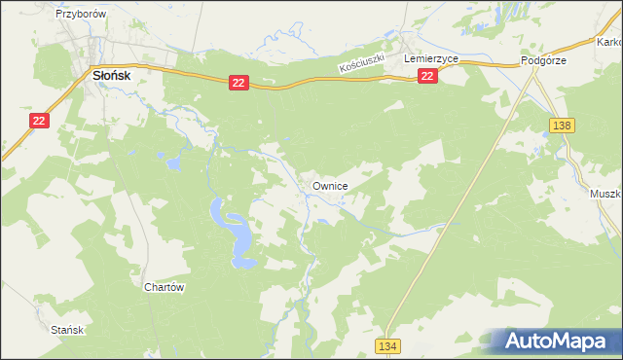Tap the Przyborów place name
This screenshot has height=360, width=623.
(x=81, y=16)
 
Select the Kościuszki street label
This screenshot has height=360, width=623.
(x=363, y=65)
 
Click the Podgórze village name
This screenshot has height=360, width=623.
(x=543, y=59)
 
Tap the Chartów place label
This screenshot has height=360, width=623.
(x=164, y=288)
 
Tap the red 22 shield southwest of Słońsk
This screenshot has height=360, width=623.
(x=38, y=120)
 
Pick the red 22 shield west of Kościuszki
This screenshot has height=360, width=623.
(x=238, y=84)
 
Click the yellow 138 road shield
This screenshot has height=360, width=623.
(x=562, y=126)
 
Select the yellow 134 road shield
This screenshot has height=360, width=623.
(x=389, y=346)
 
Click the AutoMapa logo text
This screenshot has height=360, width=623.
(x=559, y=342)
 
